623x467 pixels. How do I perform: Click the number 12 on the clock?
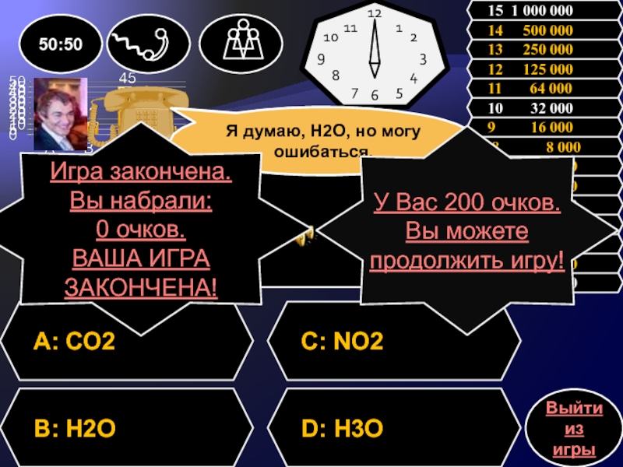tap(375, 14)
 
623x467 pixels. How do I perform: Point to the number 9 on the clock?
tap(321, 59)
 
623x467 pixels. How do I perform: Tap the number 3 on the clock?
tap(423, 59)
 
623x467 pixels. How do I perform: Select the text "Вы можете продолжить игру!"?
tap(466, 247)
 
